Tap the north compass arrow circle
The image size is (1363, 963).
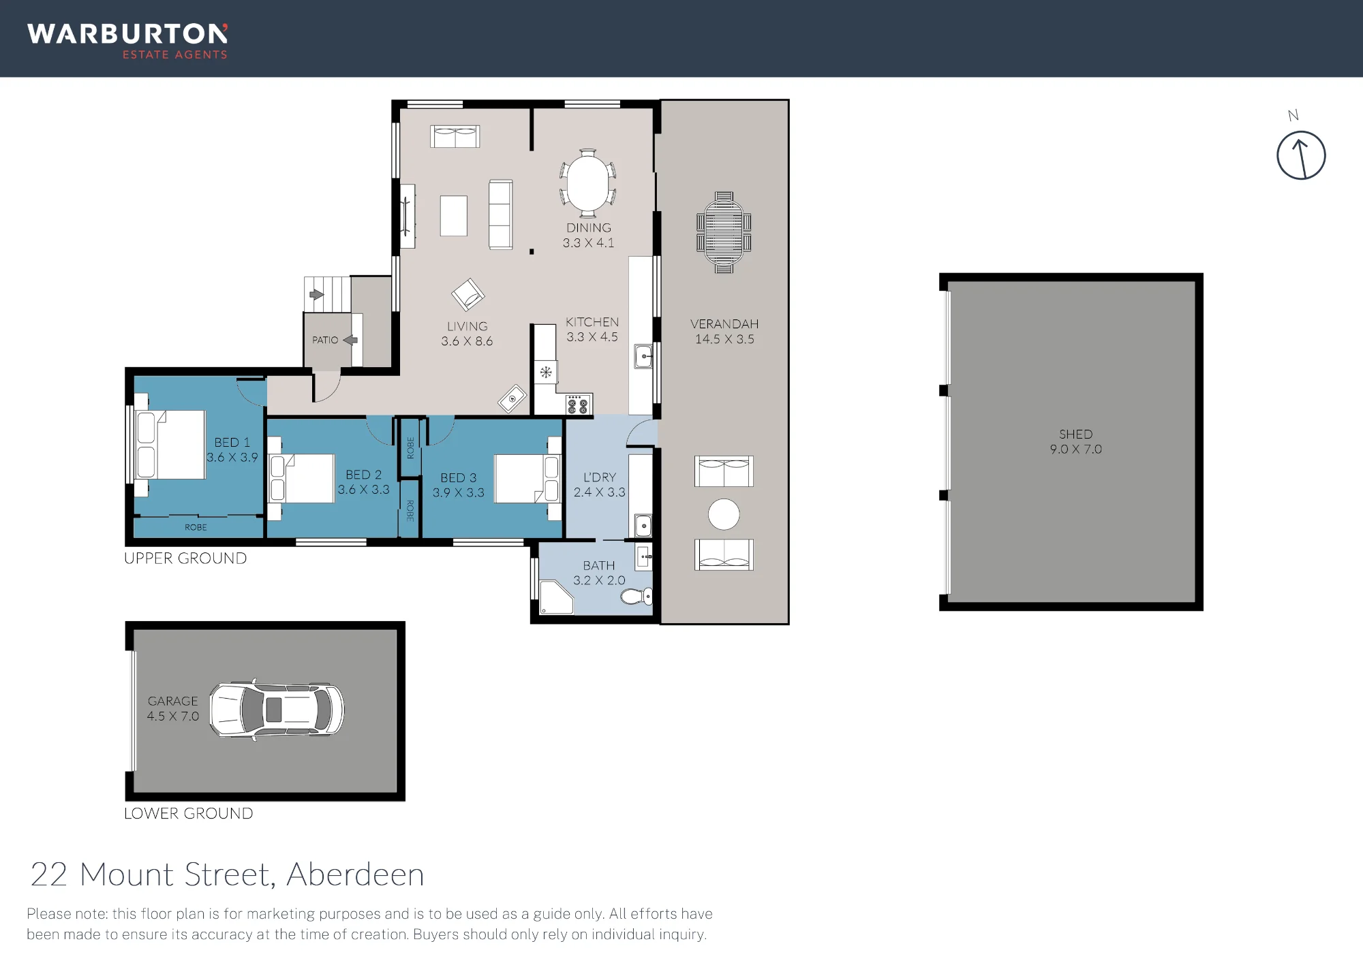[1300, 156]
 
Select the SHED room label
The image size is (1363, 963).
[1075, 434]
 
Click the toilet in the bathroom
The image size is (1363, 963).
[637, 597]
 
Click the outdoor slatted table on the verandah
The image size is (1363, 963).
[724, 232]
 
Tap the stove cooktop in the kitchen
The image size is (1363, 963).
[578, 405]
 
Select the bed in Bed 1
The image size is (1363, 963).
[170, 444]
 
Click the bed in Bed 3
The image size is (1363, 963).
[527, 478]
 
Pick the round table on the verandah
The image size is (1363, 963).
[724, 514]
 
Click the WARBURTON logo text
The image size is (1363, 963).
[127, 34]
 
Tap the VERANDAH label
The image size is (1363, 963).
[724, 324]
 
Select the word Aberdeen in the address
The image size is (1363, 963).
[355, 874]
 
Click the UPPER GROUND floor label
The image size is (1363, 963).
[185, 558]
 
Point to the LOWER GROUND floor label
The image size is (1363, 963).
[188, 813]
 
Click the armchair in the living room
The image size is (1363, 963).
[468, 296]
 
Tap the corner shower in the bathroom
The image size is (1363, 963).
[555, 597]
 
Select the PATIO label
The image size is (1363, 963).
[325, 340]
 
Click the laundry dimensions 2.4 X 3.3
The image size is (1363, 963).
[599, 492]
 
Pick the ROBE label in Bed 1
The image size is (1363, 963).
[196, 527]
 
